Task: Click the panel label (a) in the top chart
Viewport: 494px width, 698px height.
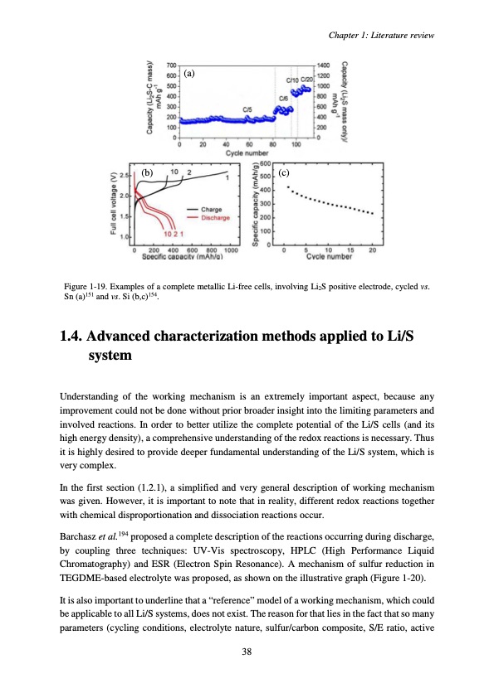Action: pyautogui.click(x=190, y=74)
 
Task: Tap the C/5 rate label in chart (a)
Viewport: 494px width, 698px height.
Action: pyautogui.click(x=247, y=109)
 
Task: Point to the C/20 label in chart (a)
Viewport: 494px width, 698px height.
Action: pyautogui.click(x=306, y=80)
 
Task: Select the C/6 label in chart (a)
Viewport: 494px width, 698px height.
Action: pyautogui.click(x=283, y=98)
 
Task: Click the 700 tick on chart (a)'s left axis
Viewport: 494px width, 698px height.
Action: pyautogui.click(x=171, y=64)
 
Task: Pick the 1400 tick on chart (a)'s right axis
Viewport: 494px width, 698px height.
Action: pyautogui.click(x=325, y=64)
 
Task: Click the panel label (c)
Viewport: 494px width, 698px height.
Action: pyautogui.click(x=284, y=173)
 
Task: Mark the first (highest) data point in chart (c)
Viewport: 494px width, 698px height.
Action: pyautogui.click(x=287, y=187)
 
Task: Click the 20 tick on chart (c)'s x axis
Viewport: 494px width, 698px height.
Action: pyautogui.click(x=372, y=250)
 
